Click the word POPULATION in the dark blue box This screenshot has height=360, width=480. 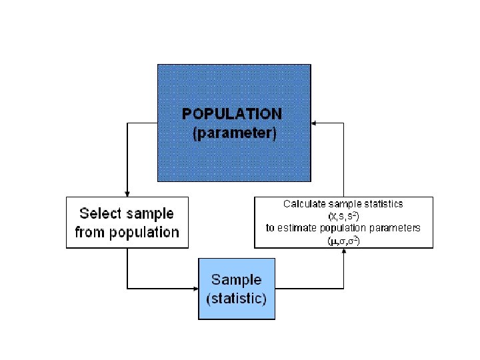click(232, 114)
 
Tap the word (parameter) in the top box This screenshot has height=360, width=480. click(233, 133)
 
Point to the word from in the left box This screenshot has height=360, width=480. click(90, 233)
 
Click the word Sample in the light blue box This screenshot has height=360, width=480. click(236, 280)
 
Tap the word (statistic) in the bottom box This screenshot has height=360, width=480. click(236, 298)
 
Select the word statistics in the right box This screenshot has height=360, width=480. click(381, 204)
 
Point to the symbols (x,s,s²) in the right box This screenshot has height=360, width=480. click(343, 216)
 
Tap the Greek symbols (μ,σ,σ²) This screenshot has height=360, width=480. click(343, 240)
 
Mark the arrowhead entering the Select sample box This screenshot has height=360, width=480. click(127, 193)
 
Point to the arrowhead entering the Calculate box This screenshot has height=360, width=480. click(343, 252)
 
